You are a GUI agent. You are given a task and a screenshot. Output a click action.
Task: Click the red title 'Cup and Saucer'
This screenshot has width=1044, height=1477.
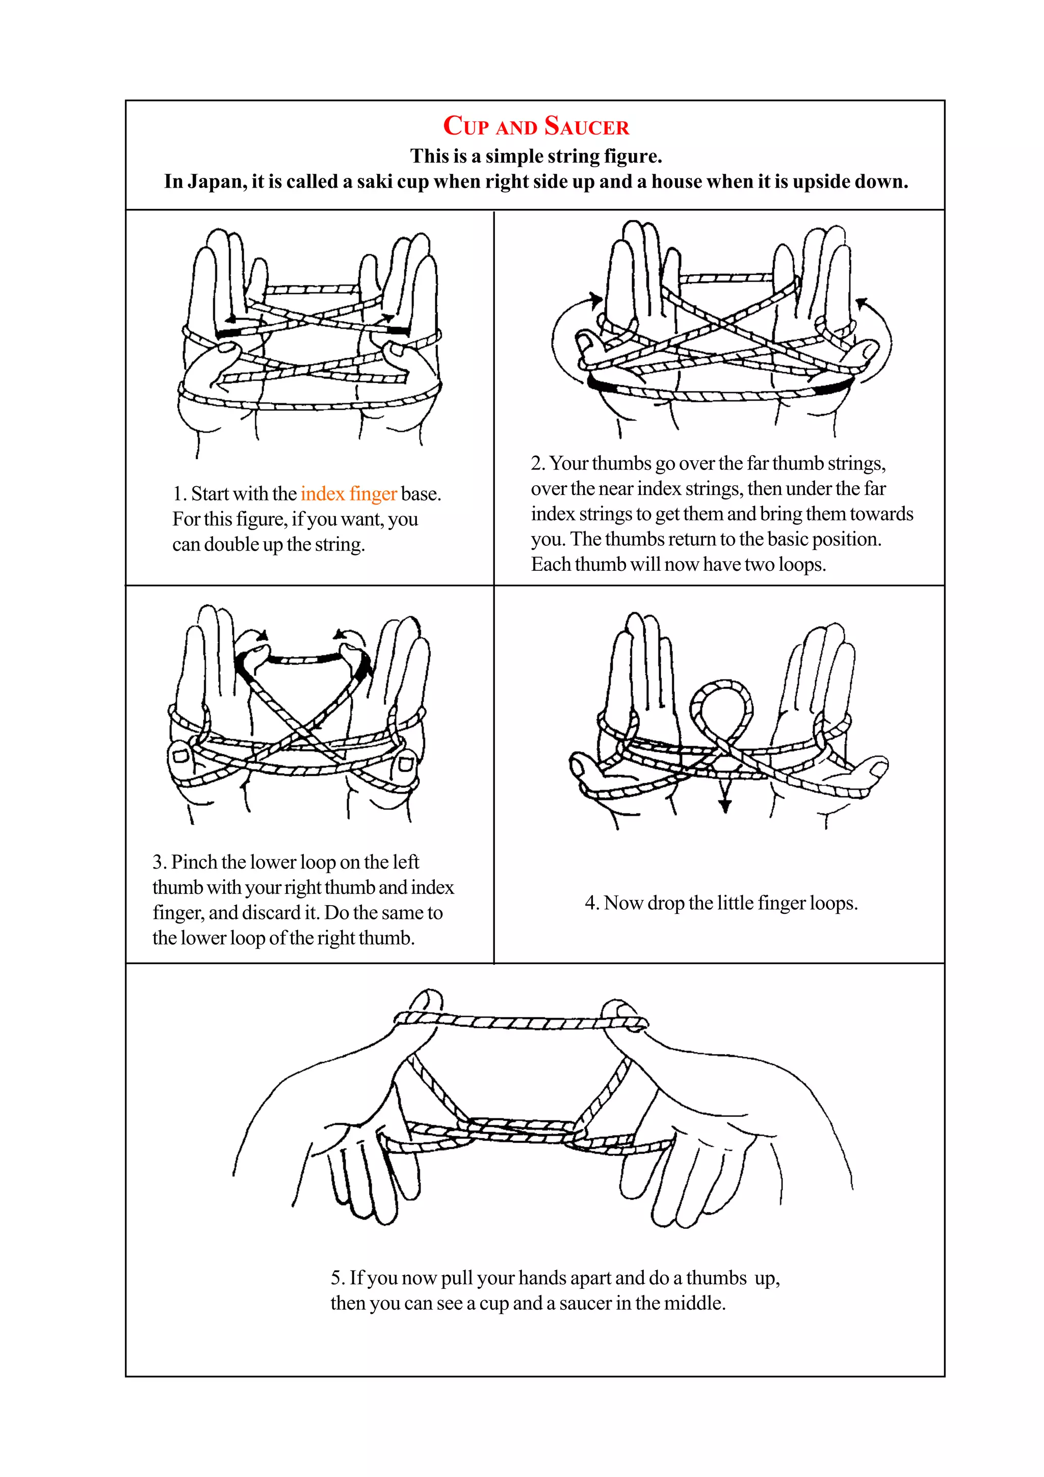[536, 126]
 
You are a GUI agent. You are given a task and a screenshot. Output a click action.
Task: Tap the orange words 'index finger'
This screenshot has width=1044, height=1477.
[348, 493]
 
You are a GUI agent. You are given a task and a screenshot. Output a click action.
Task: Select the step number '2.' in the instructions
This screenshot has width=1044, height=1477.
[538, 463]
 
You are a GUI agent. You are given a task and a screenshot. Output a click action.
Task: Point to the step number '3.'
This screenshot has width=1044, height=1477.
[160, 862]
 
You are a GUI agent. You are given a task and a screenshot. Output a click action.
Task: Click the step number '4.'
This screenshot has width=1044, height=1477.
[592, 903]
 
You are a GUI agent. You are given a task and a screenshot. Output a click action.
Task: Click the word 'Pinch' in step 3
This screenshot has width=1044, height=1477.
[196, 862]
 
